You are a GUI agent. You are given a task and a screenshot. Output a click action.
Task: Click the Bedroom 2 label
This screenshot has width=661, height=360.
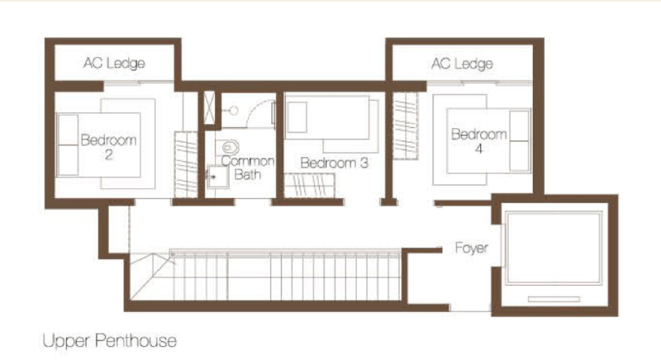point(108,147)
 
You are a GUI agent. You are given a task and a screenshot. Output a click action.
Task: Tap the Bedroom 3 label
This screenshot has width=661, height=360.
point(335,163)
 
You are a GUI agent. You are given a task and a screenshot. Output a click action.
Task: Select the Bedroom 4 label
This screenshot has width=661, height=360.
point(479,141)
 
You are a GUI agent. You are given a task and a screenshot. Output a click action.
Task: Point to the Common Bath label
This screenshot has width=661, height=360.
point(247,168)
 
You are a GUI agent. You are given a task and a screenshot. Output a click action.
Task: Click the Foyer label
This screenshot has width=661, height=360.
point(471,248)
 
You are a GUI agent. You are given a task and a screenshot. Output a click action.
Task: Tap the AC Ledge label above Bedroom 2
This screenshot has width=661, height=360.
point(114,63)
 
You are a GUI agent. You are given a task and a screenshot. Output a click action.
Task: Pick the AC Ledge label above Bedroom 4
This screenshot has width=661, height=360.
point(462,64)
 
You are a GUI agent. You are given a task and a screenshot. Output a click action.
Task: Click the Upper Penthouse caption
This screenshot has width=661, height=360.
point(110,341)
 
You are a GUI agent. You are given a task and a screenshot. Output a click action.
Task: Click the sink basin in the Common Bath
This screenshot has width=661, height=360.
point(218,177)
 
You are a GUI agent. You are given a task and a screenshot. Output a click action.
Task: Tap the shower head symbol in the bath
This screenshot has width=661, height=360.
point(232,111)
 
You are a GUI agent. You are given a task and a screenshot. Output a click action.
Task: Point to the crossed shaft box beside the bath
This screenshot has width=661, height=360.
point(209,108)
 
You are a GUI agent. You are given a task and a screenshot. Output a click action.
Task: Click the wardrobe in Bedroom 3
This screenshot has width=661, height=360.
point(310,185)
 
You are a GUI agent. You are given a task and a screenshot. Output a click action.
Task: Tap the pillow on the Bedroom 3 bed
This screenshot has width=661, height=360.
point(297,116)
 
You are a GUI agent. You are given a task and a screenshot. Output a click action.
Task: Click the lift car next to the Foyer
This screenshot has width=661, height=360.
point(554,249)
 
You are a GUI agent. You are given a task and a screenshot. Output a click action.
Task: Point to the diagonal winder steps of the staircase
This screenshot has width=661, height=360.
point(152,276)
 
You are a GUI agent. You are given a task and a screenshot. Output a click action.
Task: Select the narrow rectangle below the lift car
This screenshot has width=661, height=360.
point(554,300)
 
